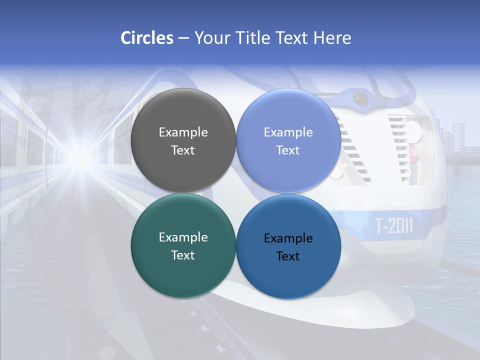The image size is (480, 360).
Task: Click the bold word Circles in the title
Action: point(147,38)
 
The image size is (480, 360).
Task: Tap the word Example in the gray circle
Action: point(183,132)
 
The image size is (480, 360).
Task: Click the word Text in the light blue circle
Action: point(288,150)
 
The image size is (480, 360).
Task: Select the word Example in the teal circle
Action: point(183,237)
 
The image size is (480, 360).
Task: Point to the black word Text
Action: point(288,256)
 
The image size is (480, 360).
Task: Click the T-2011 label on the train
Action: point(394,226)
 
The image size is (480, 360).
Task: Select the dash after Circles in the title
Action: point(183,38)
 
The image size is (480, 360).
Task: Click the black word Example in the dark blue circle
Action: point(288,238)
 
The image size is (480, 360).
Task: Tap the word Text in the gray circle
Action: point(183,150)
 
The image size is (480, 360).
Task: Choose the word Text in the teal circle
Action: point(183,255)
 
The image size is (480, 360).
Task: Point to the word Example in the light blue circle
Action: point(288,132)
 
